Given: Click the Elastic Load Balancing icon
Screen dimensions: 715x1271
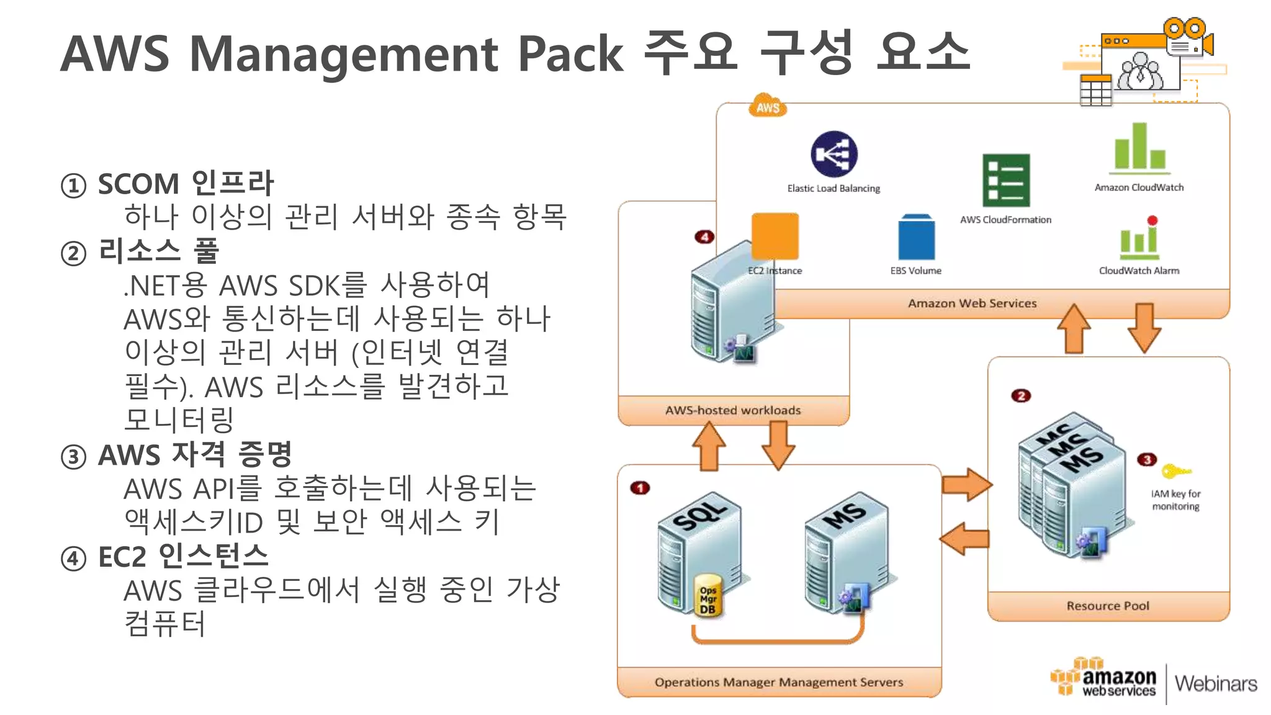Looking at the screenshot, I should click(833, 154).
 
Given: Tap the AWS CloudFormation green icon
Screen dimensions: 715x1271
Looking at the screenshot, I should click(1005, 181).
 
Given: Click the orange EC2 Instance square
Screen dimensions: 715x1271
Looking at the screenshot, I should click(775, 236).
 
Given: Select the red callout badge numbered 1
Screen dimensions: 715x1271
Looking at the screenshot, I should click(640, 488).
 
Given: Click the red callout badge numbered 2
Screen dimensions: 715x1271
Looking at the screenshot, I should click(1020, 396).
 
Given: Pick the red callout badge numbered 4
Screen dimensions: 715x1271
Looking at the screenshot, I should click(704, 237).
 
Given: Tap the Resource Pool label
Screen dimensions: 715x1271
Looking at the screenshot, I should click(1108, 606).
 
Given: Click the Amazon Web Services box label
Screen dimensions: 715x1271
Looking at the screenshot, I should click(972, 304).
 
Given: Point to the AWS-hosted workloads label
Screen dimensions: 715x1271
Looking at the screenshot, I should click(733, 410).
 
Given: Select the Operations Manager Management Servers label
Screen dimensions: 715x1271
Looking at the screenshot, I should click(779, 682).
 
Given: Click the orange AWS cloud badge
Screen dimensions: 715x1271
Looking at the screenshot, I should click(768, 107).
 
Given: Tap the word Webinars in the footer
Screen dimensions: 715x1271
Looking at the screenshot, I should click(1215, 683).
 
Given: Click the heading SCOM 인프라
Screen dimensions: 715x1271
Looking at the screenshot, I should click(186, 184).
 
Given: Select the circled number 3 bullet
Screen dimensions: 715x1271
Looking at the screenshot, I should click(73, 457).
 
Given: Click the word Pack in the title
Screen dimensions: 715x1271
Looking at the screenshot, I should click(570, 54).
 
